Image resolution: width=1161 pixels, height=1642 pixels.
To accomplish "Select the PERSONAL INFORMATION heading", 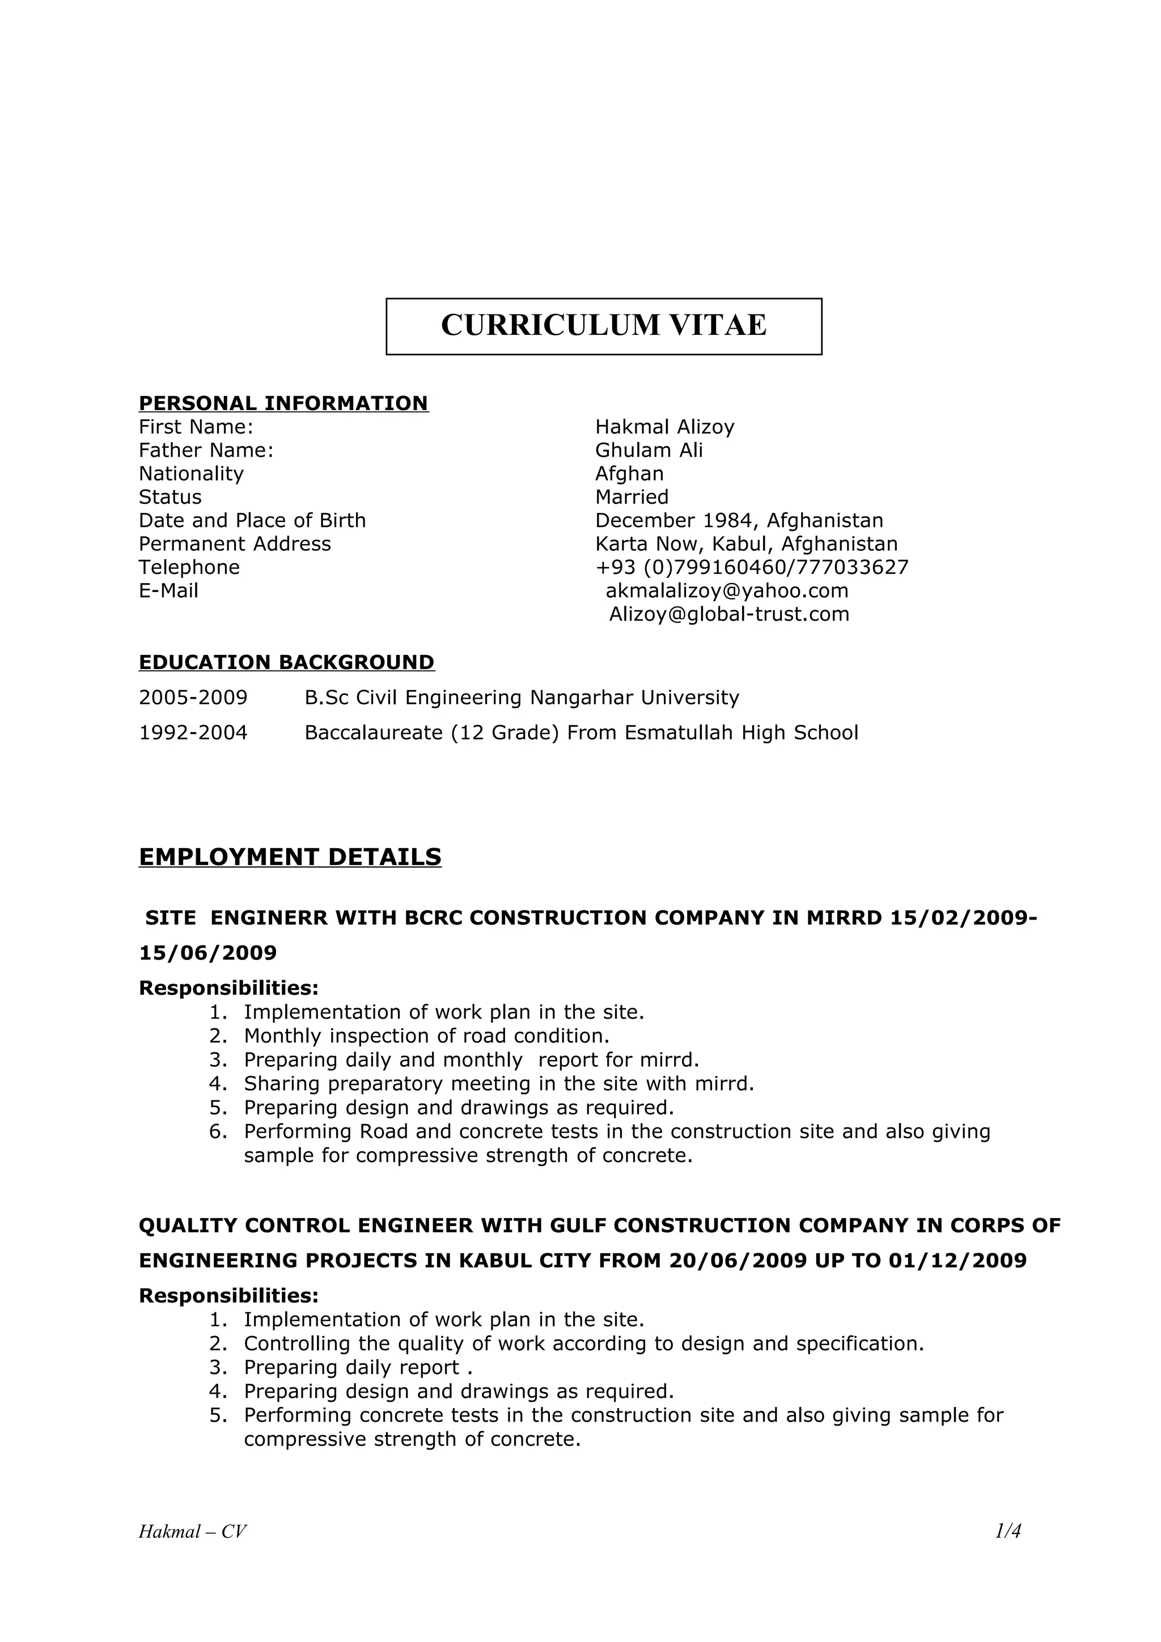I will (x=283, y=403).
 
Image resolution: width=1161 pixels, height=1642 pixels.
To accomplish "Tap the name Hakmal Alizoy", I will (x=664, y=427).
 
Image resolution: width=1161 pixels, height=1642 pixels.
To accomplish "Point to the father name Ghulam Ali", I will (x=649, y=450).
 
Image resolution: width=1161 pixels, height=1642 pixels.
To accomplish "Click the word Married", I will (x=632, y=497).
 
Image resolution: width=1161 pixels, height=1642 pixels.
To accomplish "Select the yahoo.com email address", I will (x=727, y=591).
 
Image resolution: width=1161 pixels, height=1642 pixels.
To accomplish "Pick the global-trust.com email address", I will (x=729, y=614).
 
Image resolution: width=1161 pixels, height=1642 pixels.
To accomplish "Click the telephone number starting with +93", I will (x=752, y=567).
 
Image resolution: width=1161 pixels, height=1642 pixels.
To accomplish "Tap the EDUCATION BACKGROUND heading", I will (x=286, y=662).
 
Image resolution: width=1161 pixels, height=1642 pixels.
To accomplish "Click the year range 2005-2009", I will (x=193, y=697).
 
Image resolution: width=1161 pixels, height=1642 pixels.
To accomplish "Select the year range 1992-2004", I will (x=193, y=733).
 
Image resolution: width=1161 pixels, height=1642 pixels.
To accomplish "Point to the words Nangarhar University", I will (x=634, y=697).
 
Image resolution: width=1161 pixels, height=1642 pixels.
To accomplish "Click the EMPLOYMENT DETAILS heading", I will (x=290, y=857).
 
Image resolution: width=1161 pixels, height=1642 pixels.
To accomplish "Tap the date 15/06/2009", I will (x=207, y=952).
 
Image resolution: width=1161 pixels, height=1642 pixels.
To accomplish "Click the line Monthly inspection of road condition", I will (x=426, y=1036).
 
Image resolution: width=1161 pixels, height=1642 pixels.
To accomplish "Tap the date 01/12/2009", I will (x=957, y=1260).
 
